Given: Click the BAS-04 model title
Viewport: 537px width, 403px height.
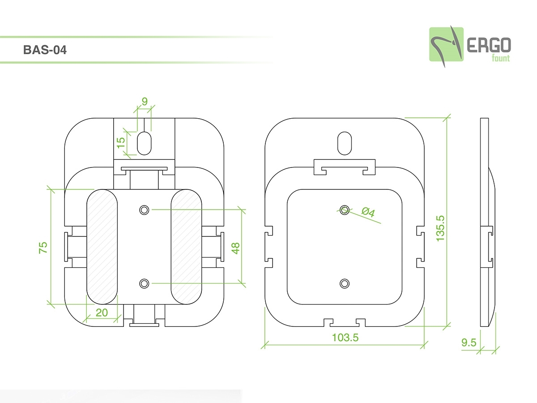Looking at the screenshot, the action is point(45,50).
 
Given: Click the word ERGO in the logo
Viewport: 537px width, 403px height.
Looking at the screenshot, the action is point(489,45).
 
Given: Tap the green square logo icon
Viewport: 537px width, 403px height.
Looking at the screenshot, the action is point(446,44).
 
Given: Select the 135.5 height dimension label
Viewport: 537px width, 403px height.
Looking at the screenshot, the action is point(440,228).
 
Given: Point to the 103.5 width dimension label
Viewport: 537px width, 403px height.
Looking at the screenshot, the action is point(345,338).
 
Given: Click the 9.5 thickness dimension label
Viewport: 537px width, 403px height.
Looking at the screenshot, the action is point(469,343).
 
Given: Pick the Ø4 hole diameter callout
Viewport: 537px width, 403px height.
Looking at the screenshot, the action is point(368,212).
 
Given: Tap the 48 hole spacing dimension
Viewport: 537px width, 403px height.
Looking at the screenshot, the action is point(235,248).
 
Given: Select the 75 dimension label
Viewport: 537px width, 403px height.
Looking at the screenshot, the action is point(43,248).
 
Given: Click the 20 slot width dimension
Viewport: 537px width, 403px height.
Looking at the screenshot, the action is point(102,313).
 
